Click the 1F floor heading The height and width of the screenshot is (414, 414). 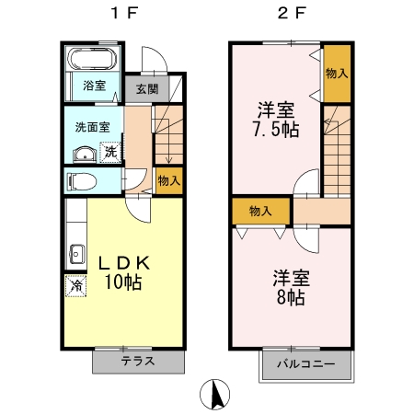coord(124,16)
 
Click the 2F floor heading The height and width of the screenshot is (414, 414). coord(291,16)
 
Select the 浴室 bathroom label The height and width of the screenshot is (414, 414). coord(93,86)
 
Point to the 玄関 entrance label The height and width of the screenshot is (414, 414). coord(146,89)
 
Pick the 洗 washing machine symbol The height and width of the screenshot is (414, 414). coord(109,152)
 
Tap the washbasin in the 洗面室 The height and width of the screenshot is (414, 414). coord(84,154)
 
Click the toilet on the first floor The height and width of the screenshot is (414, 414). coord(82,180)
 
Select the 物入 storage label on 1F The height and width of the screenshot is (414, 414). coord(168,180)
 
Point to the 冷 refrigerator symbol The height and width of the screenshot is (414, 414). coord(75,286)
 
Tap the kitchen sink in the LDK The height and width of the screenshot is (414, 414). coord(75,251)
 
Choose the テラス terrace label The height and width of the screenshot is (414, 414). coord(137,362)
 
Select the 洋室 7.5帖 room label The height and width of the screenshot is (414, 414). coord(276,118)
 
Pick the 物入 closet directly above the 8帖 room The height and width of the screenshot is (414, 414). coord(260,211)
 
